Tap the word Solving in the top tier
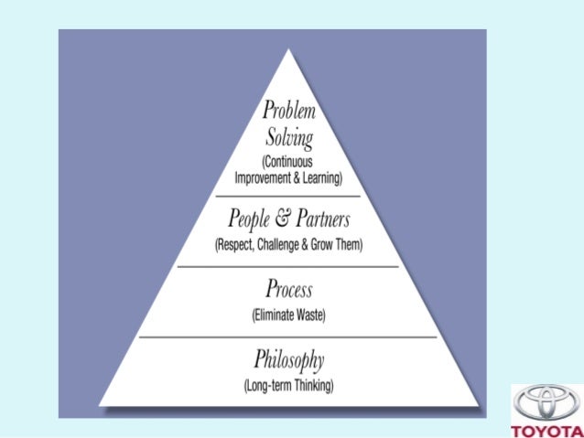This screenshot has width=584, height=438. (288, 139)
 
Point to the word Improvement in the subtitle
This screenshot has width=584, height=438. (266, 177)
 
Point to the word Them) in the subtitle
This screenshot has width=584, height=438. (349, 245)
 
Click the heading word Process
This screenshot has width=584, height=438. (288, 291)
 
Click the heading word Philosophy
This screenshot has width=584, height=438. (288, 359)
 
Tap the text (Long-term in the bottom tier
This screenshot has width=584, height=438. (265, 385)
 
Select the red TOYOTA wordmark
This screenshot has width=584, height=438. (546, 430)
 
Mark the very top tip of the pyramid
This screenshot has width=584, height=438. (289, 49)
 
